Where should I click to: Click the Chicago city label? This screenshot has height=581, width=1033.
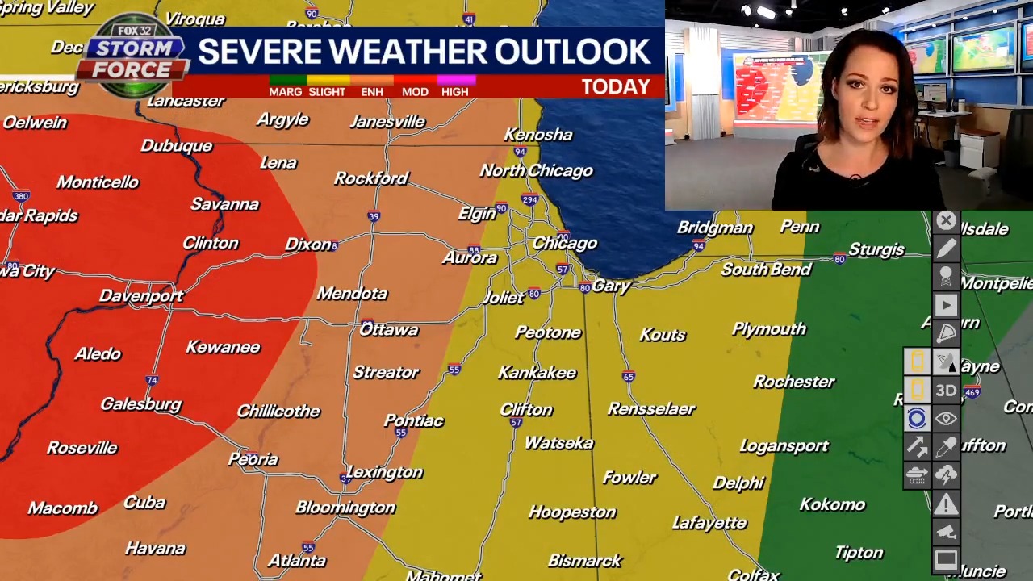(x=564, y=243)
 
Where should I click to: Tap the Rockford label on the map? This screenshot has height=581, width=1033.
(x=371, y=178)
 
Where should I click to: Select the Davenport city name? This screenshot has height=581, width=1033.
(x=141, y=296)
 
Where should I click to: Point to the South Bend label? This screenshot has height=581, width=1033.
(x=766, y=270)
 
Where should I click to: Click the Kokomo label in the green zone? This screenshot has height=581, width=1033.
(x=832, y=504)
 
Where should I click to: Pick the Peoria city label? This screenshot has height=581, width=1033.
(x=253, y=459)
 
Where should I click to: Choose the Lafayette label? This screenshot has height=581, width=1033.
(x=709, y=523)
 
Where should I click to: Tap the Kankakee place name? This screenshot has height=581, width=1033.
(x=537, y=373)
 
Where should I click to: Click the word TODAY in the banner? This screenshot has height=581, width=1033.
(x=615, y=87)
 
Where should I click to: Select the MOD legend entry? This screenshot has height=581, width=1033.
(x=415, y=91)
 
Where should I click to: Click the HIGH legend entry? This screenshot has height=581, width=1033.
(x=454, y=91)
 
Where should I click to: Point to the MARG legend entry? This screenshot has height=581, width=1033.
(x=285, y=91)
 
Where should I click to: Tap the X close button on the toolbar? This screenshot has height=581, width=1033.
(x=946, y=221)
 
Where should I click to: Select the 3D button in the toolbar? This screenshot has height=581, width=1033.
(x=946, y=391)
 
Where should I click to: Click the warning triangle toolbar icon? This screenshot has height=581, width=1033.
(x=946, y=505)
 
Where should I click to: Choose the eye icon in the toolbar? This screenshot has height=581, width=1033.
(x=946, y=419)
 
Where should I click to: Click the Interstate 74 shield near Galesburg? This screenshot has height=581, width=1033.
(x=152, y=380)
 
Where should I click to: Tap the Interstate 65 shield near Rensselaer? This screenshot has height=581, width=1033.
(x=628, y=377)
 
